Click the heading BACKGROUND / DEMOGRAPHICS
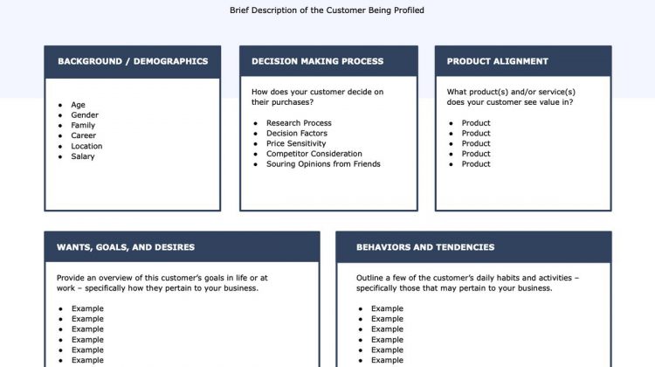[x=133, y=61]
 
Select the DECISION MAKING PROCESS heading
[x=318, y=61]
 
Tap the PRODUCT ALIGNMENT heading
[x=498, y=61]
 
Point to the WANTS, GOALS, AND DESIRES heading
[x=126, y=247]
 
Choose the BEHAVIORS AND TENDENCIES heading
[x=425, y=247]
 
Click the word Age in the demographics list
[x=78, y=105]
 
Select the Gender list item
[x=85, y=115]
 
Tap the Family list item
[x=83, y=126]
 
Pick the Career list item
[x=84, y=135]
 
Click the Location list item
[x=86, y=146]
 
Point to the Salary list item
[x=83, y=156]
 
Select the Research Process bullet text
[x=299, y=123]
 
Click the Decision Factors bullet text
[x=297, y=134]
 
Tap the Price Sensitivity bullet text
[x=296, y=143]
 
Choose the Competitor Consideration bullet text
[x=314, y=154]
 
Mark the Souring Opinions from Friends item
[x=323, y=164]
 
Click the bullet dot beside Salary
[x=60, y=156]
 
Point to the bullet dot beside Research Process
[x=256, y=123]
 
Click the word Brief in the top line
[x=239, y=10]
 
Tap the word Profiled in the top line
[x=409, y=10]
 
